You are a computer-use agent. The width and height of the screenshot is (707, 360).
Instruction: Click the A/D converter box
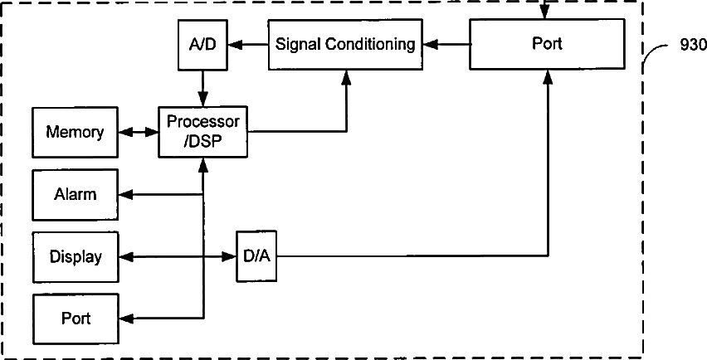202,44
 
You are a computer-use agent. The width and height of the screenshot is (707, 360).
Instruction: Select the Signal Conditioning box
345,44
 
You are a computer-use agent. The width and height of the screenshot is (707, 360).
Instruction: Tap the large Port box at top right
547,44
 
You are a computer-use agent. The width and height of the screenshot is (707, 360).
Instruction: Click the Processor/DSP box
203,131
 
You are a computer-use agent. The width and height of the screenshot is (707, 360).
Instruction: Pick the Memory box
75,132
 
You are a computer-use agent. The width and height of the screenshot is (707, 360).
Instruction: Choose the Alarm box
75,195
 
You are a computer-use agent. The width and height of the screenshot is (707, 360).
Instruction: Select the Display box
75,256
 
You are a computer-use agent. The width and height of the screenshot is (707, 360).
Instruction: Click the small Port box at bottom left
75,319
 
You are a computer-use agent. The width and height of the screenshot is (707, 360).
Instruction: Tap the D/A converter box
256,256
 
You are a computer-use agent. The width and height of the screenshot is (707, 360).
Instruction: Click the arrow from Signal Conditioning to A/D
246,44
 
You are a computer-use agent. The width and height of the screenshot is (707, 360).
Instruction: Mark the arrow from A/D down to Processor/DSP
202,86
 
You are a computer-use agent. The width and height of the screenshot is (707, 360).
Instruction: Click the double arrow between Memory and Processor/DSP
139,132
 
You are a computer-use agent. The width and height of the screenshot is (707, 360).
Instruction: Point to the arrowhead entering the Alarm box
124,195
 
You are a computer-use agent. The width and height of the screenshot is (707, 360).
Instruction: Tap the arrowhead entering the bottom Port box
124,319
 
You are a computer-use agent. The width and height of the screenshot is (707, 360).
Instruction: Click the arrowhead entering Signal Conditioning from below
346,76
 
